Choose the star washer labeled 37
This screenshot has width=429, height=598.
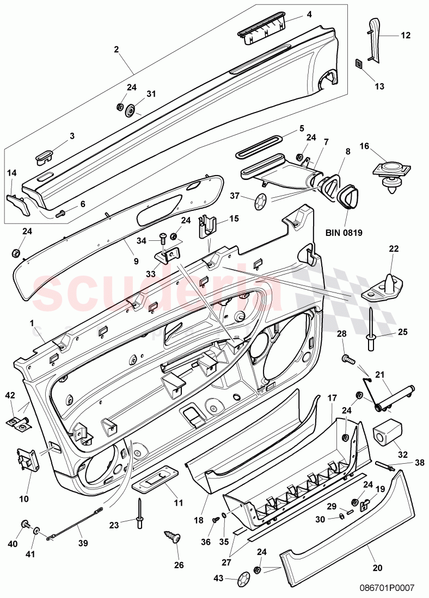pos(261,201)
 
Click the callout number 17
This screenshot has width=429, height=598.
pos(332,398)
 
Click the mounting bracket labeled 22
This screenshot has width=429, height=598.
pos(385,286)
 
